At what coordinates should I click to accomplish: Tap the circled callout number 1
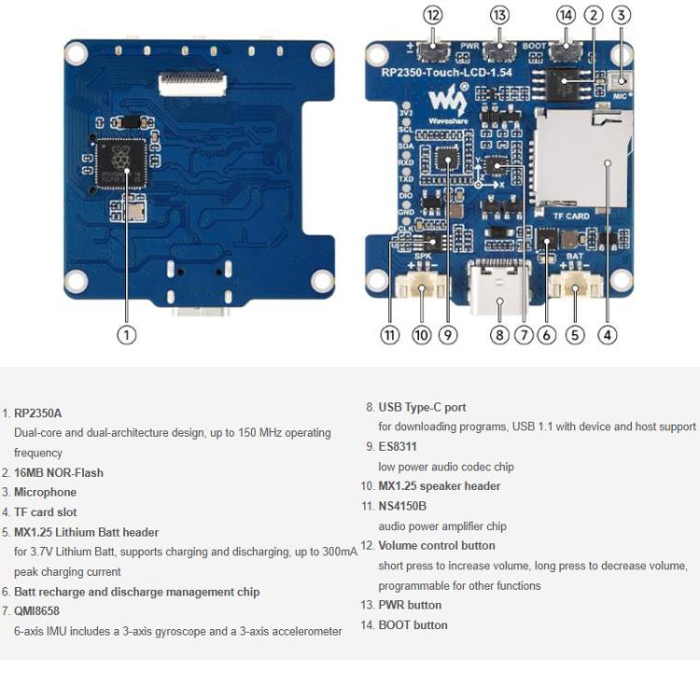pyautogui.click(x=127, y=333)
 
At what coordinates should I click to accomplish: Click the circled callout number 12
pyautogui.click(x=432, y=15)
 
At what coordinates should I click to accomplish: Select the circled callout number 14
pyautogui.click(x=566, y=15)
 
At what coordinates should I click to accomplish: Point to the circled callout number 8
pyautogui.click(x=500, y=333)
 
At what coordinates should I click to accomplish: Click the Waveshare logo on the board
pyautogui.click(x=442, y=101)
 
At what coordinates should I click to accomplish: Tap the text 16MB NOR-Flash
pyautogui.click(x=59, y=472)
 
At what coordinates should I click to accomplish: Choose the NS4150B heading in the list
pyautogui.click(x=402, y=506)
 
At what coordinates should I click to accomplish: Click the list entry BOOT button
pyautogui.click(x=413, y=624)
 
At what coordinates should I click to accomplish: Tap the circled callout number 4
pyautogui.click(x=608, y=333)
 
